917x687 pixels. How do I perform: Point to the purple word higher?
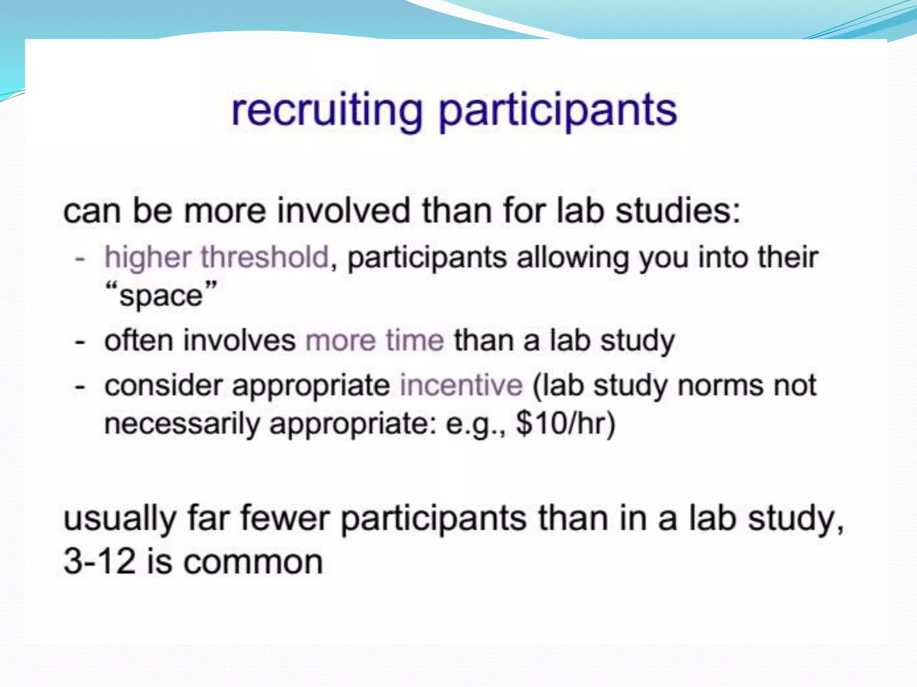[148, 258]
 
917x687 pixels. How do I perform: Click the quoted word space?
[161, 296]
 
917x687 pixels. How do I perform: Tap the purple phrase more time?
[375, 340]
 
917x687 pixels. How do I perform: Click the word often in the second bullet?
[138, 340]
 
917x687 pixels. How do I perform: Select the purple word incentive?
[461, 385]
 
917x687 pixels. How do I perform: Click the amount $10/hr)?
[566, 423]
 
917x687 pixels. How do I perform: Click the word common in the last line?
[253, 562]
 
